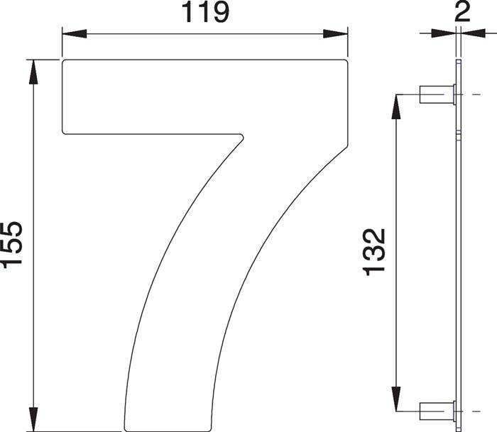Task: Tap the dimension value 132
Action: [x=374, y=252]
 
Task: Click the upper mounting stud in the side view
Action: [x=436, y=94]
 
